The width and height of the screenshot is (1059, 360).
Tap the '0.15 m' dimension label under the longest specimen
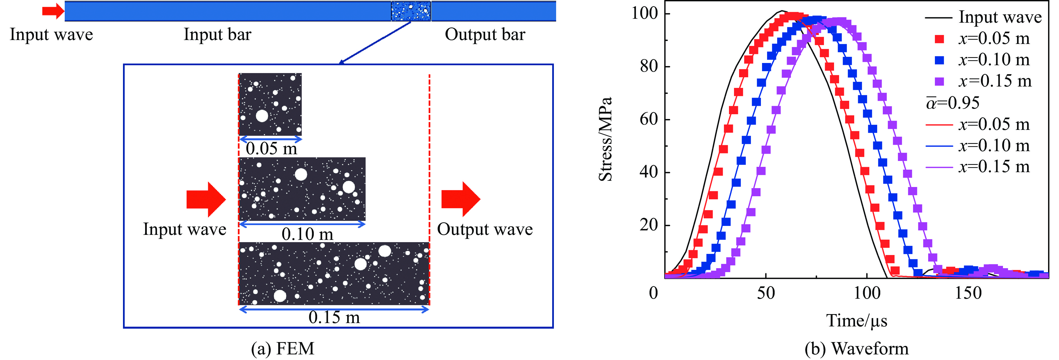(334, 317)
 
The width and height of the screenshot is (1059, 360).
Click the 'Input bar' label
(217, 34)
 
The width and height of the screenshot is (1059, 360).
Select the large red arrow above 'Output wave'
(460, 199)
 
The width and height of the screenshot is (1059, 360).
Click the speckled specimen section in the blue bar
(410, 11)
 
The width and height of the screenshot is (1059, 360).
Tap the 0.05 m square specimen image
(270, 104)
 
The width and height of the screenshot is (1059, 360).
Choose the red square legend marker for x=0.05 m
(939, 39)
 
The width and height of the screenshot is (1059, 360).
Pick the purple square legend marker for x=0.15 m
(939, 81)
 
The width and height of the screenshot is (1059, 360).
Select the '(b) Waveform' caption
(856, 349)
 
